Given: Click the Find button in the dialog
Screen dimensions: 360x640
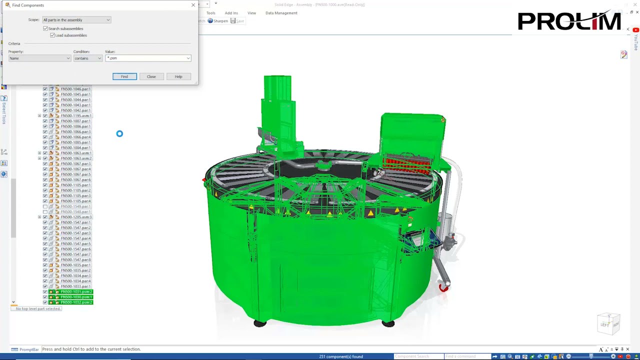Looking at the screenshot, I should (124, 76).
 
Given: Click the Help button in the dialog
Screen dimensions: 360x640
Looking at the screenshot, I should (178, 76).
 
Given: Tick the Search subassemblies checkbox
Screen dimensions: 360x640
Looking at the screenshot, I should (45, 28).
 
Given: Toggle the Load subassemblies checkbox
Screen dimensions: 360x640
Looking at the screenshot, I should (52, 35).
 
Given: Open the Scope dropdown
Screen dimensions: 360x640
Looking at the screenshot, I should (76, 20).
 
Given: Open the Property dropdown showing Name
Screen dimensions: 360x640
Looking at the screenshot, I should (39, 58).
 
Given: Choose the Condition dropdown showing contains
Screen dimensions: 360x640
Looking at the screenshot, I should (87, 58).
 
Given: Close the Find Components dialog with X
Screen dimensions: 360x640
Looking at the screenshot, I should (193, 5).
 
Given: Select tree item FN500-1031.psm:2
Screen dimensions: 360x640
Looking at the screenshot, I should (76, 292).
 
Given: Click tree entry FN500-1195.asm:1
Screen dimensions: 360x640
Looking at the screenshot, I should (76, 116).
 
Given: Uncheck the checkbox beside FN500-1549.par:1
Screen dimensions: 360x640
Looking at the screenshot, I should (45, 206).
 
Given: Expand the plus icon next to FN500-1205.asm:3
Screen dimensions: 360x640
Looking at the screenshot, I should (39, 217).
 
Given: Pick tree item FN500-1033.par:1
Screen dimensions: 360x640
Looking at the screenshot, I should (75, 286).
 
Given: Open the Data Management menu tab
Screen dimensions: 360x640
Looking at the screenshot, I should (281, 13).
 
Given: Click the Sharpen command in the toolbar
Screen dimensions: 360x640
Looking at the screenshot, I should (218, 21).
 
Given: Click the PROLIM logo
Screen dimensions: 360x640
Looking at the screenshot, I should (569, 21).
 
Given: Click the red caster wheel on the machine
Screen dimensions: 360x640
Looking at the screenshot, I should (443, 287).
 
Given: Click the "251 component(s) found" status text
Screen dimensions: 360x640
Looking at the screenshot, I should (341, 356).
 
